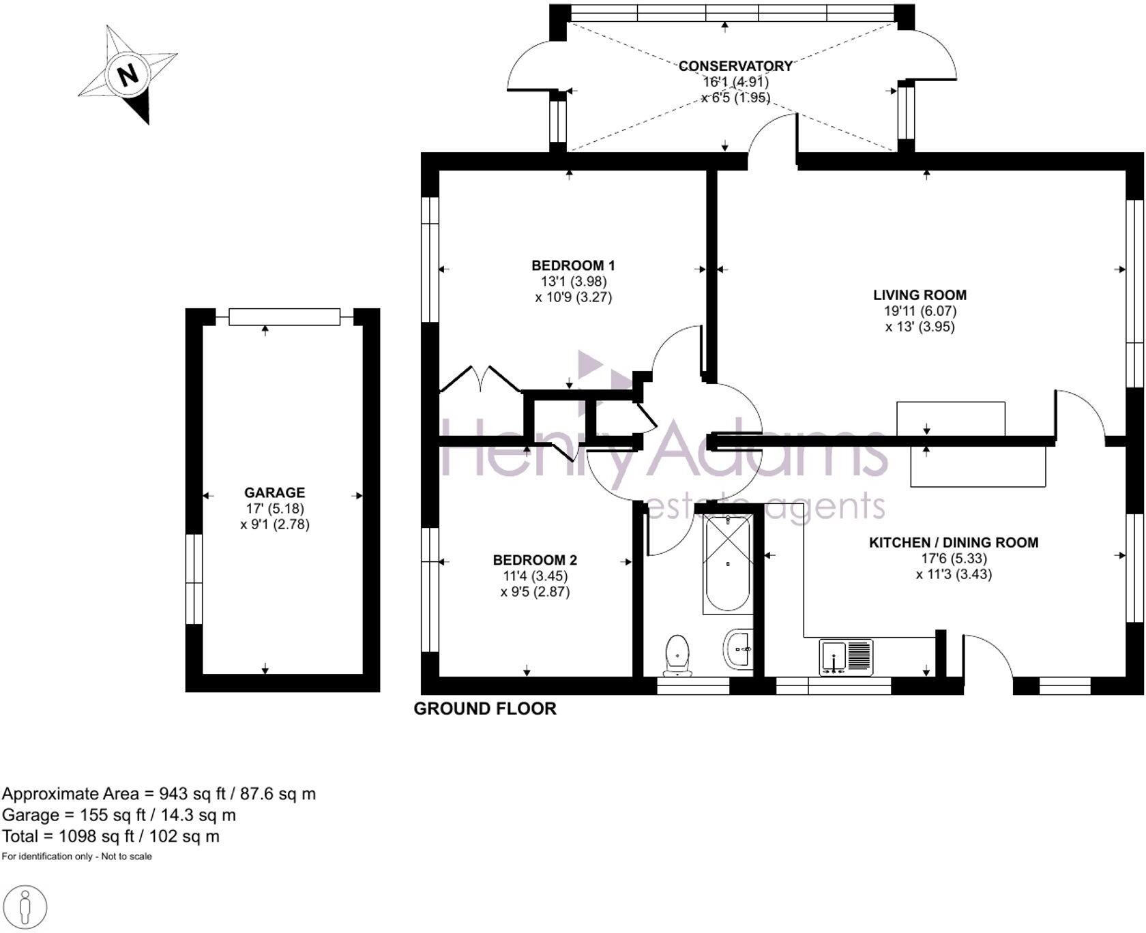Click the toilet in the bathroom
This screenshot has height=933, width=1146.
coord(677,655)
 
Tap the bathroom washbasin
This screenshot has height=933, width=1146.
coord(738,648)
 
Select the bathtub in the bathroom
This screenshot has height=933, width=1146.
coord(728,563)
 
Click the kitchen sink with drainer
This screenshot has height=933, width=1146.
coord(846,657)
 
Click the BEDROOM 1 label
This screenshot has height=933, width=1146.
coord(573,265)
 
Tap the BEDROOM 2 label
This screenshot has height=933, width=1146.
coord(535,560)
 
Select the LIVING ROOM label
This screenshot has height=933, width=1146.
coord(920,295)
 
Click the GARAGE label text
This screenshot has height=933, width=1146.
coord(274,492)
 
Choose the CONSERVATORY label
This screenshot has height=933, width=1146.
coord(735,66)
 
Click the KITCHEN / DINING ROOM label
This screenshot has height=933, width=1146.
coord(953,542)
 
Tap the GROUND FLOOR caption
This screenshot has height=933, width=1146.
coord(485,709)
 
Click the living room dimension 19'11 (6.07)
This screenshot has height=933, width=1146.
coord(920,311)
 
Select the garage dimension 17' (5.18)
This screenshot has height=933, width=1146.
coord(275,508)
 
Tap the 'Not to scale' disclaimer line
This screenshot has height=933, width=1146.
coord(76,857)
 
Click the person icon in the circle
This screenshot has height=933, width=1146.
coord(25,907)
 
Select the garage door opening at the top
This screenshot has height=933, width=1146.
coord(284,316)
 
